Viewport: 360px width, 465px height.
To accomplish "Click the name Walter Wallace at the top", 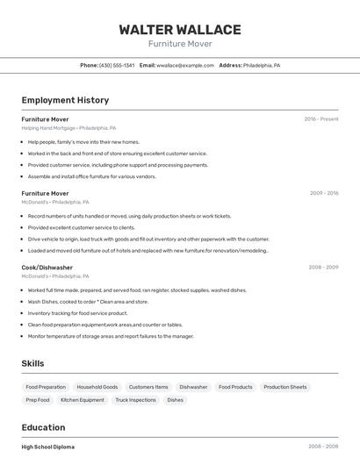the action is tap(180, 29).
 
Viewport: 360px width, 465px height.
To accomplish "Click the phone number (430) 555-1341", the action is tap(117, 65).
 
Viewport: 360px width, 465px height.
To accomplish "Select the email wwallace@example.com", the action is tap(185, 65).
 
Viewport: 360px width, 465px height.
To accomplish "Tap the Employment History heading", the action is tap(65, 100).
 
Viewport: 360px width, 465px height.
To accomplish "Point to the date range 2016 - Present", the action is tap(320, 119).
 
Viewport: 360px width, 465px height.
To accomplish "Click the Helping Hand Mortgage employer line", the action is tap(68, 128).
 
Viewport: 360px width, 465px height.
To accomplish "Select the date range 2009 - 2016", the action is tap(324, 193).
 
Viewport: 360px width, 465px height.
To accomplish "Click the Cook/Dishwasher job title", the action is tap(47, 268).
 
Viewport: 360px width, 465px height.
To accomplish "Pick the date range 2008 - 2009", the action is tap(324, 268).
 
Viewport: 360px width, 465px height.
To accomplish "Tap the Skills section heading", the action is tap(32, 363).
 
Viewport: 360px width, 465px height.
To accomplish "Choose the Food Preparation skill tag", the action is tap(46, 387).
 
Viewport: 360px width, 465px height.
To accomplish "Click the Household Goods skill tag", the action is tap(97, 387).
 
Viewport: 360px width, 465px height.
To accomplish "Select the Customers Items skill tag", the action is tap(148, 387).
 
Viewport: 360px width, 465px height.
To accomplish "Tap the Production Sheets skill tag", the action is tap(285, 387).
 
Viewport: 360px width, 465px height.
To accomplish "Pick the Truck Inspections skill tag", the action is tap(135, 400).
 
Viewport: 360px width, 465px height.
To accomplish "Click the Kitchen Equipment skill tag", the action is tap(83, 400).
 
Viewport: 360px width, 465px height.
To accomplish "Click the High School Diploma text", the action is tap(48, 447).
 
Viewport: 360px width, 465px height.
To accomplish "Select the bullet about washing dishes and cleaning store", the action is tap(88, 302).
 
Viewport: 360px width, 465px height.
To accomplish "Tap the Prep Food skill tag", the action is tap(38, 400).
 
